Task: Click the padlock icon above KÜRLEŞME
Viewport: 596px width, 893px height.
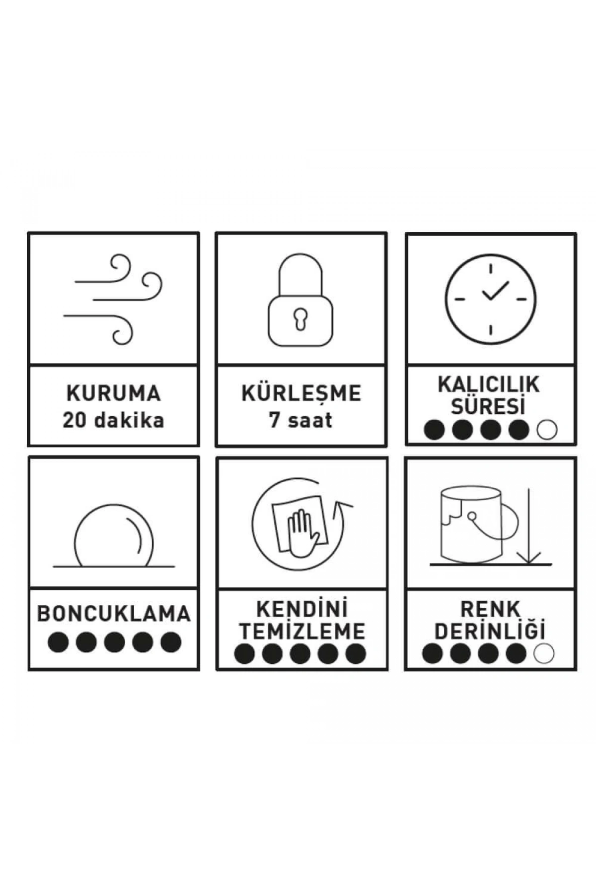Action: click(300, 300)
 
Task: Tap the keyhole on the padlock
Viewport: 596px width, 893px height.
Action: click(300, 319)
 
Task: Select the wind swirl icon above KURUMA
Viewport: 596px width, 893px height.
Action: click(114, 299)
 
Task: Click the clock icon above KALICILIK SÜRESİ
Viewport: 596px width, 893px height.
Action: click(490, 299)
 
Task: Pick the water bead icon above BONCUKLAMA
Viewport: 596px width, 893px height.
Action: click(114, 536)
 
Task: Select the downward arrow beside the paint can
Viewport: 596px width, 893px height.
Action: click(529, 526)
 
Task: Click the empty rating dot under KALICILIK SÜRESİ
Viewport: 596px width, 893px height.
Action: click(547, 430)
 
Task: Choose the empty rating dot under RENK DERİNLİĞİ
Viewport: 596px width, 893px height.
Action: click(544, 653)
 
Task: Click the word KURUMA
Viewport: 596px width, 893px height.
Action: click(114, 393)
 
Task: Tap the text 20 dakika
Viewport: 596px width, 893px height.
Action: click(113, 420)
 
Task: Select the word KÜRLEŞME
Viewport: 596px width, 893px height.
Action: click(301, 393)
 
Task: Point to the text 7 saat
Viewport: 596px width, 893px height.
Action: click(300, 420)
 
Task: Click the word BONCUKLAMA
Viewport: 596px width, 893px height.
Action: click(114, 614)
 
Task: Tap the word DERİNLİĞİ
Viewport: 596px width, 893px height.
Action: click(490, 631)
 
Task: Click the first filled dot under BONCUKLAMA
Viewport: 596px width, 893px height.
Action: click(58, 642)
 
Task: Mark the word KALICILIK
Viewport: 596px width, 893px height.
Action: click(489, 384)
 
